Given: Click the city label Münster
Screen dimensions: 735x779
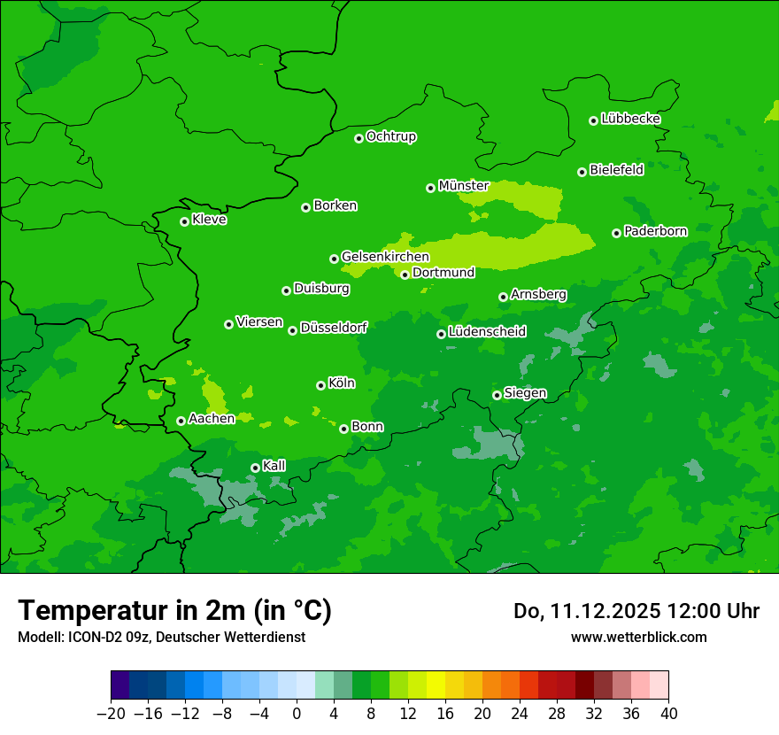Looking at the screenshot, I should [x=463, y=186].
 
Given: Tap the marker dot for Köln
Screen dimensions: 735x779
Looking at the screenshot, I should [x=320, y=385].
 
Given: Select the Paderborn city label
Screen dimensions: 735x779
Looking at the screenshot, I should [x=655, y=232].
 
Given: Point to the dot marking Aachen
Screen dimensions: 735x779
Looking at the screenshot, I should [x=181, y=421].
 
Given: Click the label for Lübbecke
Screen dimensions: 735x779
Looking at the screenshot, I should [x=630, y=119].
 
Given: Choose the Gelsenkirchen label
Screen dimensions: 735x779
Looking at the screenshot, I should [x=385, y=257].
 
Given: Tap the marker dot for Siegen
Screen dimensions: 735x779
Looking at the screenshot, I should [x=497, y=395].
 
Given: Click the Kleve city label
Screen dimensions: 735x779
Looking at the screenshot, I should [x=209, y=220].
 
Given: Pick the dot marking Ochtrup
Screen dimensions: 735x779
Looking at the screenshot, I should [x=359, y=138].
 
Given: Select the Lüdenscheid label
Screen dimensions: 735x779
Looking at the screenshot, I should [x=487, y=332].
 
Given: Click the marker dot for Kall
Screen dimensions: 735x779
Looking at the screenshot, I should [x=255, y=468].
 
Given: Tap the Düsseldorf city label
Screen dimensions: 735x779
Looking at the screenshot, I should [x=333, y=328].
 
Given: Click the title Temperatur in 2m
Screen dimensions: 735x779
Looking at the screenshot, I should [x=174, y=611].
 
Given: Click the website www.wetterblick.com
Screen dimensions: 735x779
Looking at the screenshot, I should [x=638, y=637].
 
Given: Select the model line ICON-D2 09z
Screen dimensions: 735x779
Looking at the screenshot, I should [x=160, y=637].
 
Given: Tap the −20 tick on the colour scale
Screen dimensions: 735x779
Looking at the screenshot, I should [x=111, y=714].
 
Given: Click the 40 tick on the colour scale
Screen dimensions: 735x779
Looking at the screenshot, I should [x=668, y=714].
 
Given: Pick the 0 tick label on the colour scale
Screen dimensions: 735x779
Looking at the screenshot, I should [x=297, y=714].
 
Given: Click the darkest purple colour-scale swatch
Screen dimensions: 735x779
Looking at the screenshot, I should [x=120, y=685].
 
